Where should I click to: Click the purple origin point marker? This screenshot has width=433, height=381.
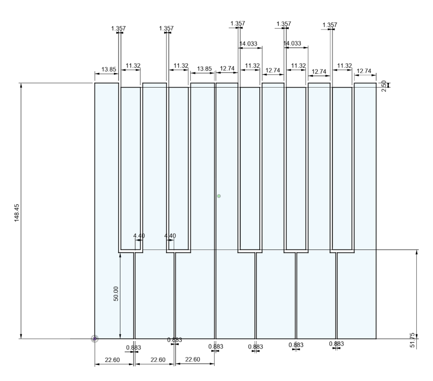pyautogui.click(x=95, y=339)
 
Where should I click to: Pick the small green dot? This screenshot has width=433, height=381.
pyautogui.click(x=219, y=196)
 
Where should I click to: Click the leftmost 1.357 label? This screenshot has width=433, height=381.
pyautogui.click(x=118, y=29)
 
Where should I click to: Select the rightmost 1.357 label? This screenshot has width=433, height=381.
pyautogui.click(x=330, y=25)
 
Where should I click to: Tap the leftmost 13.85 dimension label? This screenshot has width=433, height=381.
pyautogui.click(x=109, y=69)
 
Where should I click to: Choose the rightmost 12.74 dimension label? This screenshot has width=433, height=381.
pyautogui.click(x=364, y=71)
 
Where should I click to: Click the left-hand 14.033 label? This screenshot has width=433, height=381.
pyautogui.click(x=248, y=44)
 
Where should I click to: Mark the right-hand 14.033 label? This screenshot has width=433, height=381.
pyautogui.click(x=293, y=44)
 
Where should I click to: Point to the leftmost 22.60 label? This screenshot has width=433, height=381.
pyautogui.click(x=112, y=360)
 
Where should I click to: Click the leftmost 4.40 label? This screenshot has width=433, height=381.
pyautogui.click(x=138, y=236)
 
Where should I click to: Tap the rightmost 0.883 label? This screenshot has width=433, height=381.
pyautogui.click(x=336, y=344)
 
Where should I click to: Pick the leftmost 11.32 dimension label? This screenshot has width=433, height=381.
pyautogui.click(x=133, y=66)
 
